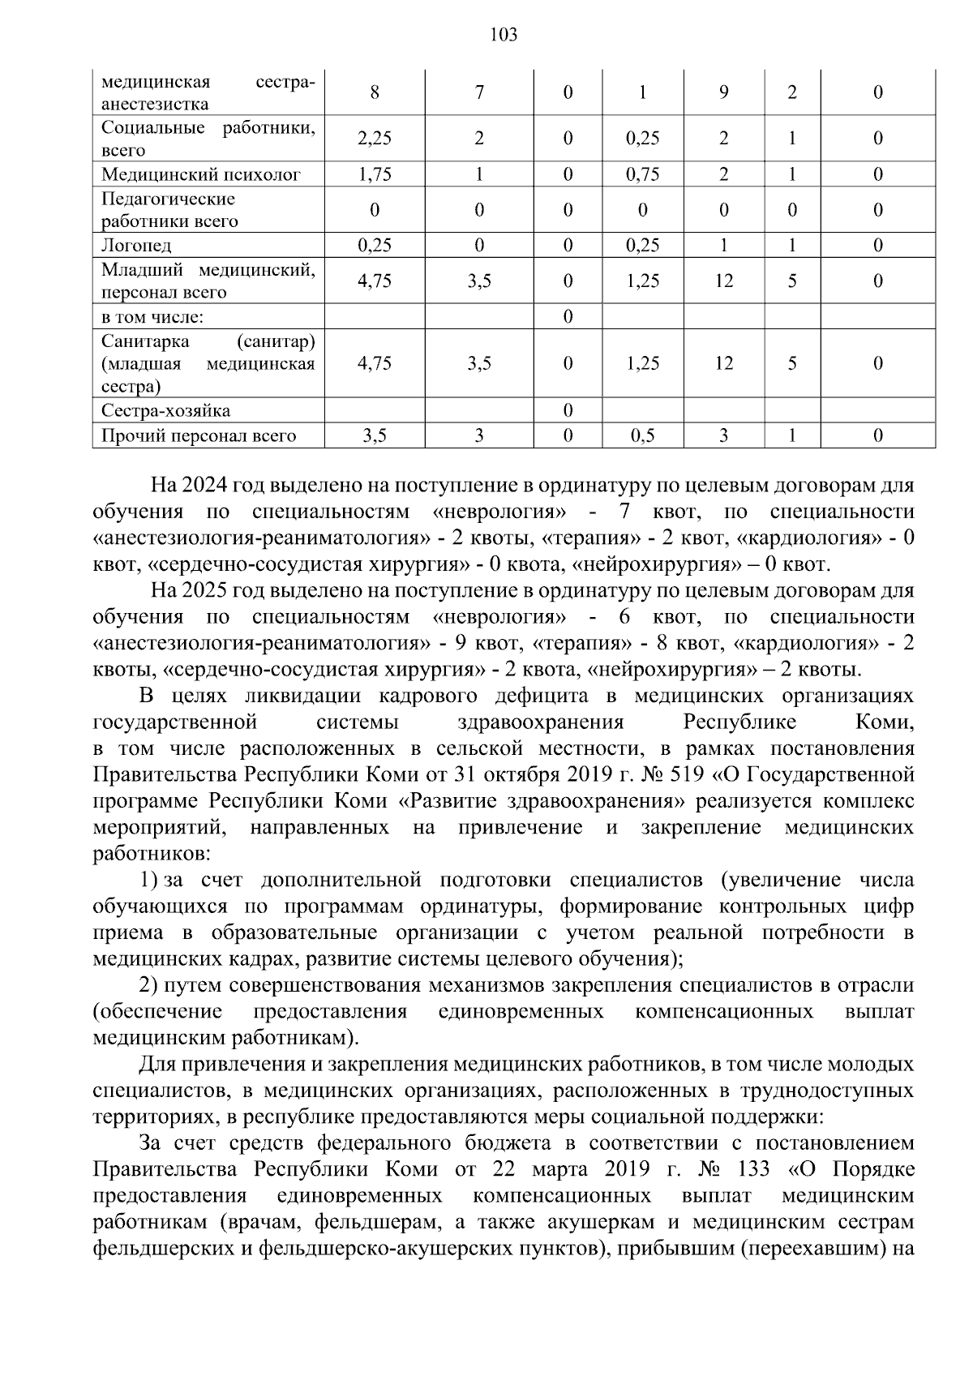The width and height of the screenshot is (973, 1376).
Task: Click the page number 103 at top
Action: point(504,35)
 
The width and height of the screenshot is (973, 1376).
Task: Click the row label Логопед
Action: point(136,245)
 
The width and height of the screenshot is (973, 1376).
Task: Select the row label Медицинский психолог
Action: point(201,174)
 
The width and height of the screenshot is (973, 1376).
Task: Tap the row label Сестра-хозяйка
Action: point(165,411)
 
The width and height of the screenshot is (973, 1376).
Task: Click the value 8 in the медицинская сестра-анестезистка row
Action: point(374,92)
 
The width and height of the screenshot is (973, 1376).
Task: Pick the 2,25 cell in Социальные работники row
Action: point(374,139)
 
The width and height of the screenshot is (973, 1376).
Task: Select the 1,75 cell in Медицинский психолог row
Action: point(374,174)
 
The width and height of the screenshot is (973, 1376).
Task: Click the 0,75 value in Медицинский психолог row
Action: point(642,174)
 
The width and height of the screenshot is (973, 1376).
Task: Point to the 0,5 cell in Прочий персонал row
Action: point(642,436)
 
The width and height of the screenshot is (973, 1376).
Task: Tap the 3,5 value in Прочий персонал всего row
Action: point(374,436)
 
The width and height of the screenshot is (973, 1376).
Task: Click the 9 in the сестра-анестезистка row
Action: point(723,92)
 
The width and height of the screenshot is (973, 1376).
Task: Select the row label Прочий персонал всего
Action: point(199,436)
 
